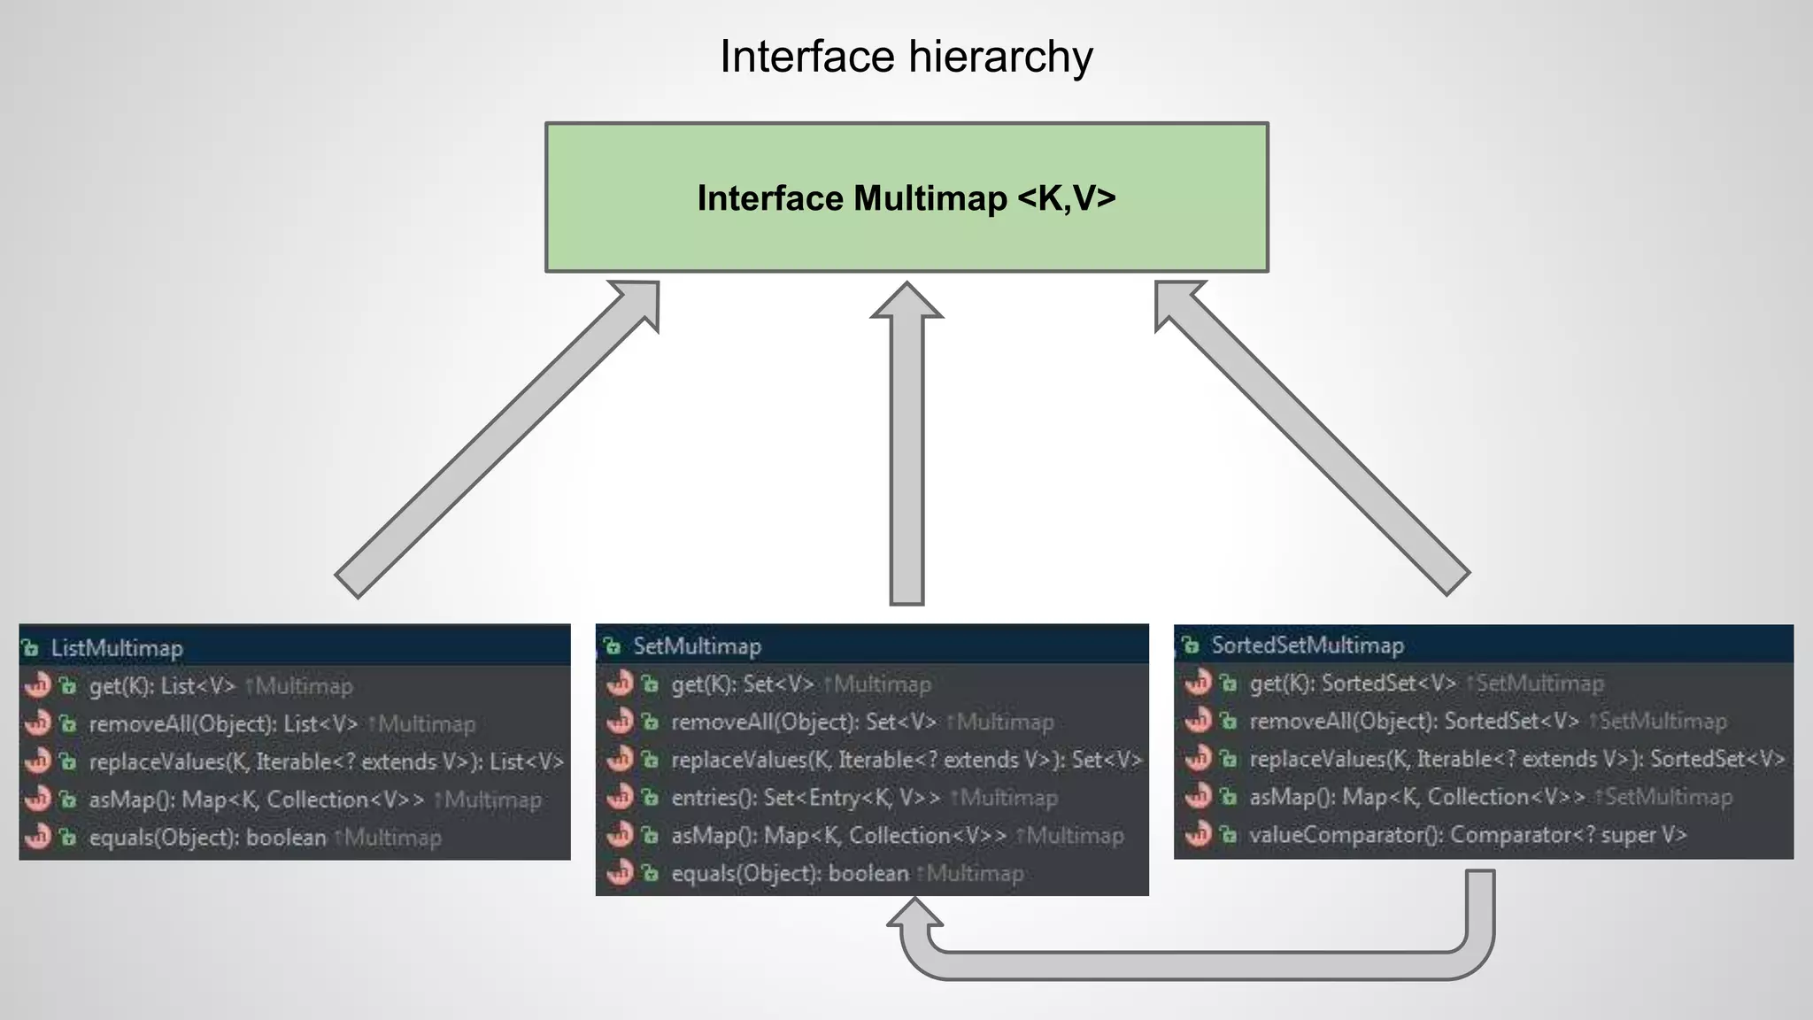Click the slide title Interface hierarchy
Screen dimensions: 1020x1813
(906, 57)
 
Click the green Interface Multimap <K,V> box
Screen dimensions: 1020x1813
(906, 197)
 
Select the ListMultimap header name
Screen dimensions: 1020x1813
(116, 648)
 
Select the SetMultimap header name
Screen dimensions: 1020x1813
(697, 646)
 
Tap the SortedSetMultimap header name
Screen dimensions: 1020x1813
(1307, 645)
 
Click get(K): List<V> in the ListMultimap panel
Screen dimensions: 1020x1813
(163, 686)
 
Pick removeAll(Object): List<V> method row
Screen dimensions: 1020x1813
(223, 724)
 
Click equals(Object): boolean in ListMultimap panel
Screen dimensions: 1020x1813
(207, 838)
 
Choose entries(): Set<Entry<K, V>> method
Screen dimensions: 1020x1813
(806, 798)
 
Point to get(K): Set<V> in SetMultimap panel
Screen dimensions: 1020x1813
(742, 684)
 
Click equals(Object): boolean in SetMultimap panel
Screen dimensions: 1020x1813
(790, 874)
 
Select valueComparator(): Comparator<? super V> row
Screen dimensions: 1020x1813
(1468, 835)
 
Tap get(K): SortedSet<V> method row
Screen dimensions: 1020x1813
(1352, 684)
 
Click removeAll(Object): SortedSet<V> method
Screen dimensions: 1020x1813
(1414, 722)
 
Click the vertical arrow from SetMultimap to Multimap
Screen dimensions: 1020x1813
(906, 460)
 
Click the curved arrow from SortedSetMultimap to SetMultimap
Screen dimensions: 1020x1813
(1195, 965)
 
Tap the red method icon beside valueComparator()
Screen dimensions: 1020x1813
(1197, 834)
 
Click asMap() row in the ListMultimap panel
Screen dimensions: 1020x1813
(256, 800)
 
